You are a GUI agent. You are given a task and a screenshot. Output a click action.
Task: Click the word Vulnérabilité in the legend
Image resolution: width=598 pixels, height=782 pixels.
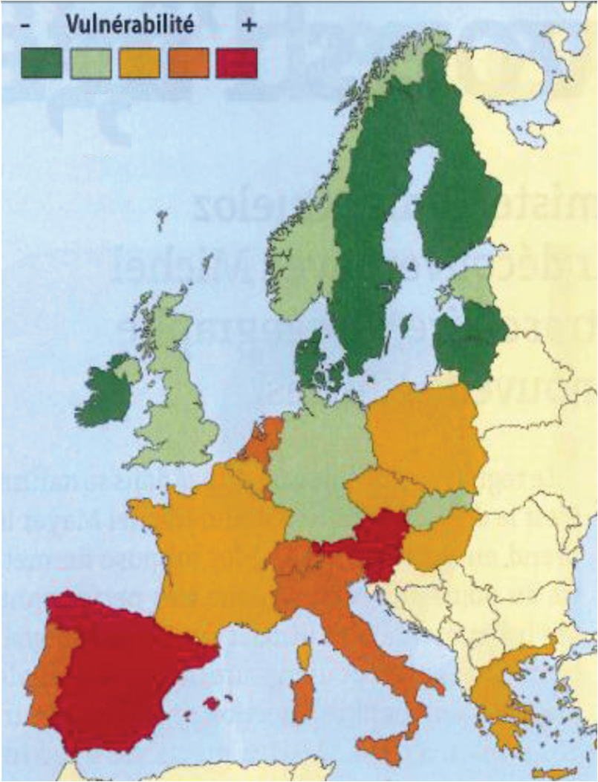pyautogui.click(x=129, y=25)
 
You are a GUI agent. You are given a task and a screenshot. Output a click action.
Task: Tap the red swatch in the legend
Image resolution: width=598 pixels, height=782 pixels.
pyautogui.click(x=236, y=63)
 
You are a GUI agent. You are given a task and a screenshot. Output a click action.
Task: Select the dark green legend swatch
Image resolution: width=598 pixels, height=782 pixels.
pyautogui.click(x=41, y=63)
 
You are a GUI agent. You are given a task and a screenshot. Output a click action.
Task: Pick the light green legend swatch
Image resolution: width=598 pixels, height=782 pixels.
pyautogui.click(x=91, y=63)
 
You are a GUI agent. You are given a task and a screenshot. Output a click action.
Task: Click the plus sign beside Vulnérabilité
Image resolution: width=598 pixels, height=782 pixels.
pyautogui.click(x=248, y=25)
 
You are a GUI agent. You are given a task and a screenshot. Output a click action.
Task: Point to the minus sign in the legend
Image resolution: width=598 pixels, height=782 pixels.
pyautogui.click(x=25, y=25)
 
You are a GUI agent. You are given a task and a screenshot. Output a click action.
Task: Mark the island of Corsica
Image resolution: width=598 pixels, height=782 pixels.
pyautogui.click(x=304, y=654)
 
